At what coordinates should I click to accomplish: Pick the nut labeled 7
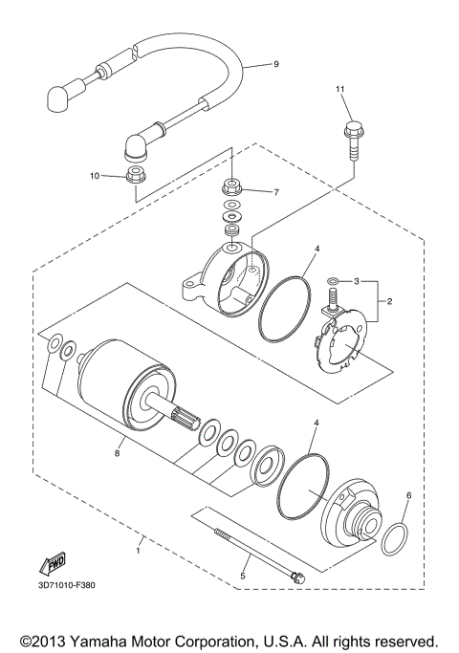pyautogui.click(x=232, y=185)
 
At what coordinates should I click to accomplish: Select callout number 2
pyautogui.click(x=390, y=301)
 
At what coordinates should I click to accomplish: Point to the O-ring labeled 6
pyautogui.click(x=394, y=539)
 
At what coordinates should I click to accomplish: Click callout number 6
pyautogui.click(x=409, y=496)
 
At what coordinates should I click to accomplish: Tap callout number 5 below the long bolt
pyautogui.click(x=243, y=577)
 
